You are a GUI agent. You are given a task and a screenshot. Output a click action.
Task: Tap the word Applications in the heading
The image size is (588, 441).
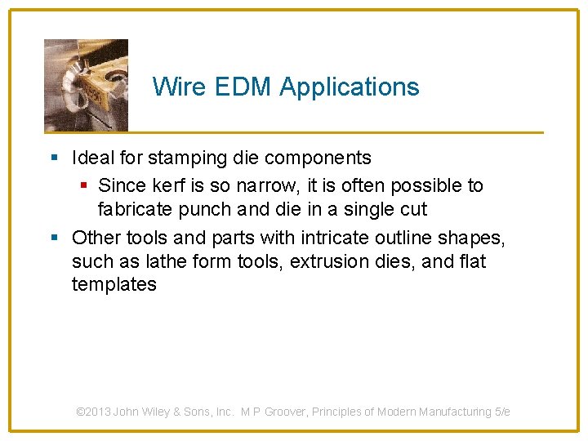tap(350, 87)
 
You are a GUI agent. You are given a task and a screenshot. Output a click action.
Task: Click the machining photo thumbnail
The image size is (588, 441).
tap(86, 85)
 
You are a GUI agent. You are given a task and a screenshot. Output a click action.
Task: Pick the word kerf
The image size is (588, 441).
tap(170, 185)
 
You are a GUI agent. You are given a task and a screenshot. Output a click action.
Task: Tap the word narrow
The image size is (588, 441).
tap(269, 185)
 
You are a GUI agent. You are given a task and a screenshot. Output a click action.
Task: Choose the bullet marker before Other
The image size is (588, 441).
tap(53, 238)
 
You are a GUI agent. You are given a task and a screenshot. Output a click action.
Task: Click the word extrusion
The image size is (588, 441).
tap(339, 261)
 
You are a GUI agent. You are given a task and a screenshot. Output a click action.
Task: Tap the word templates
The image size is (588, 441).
tap(114, 284)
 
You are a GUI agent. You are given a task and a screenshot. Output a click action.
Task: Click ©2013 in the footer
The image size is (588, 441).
tap(93, 412)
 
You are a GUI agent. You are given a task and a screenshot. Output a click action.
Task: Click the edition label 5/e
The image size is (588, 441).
tap(502, 412)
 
